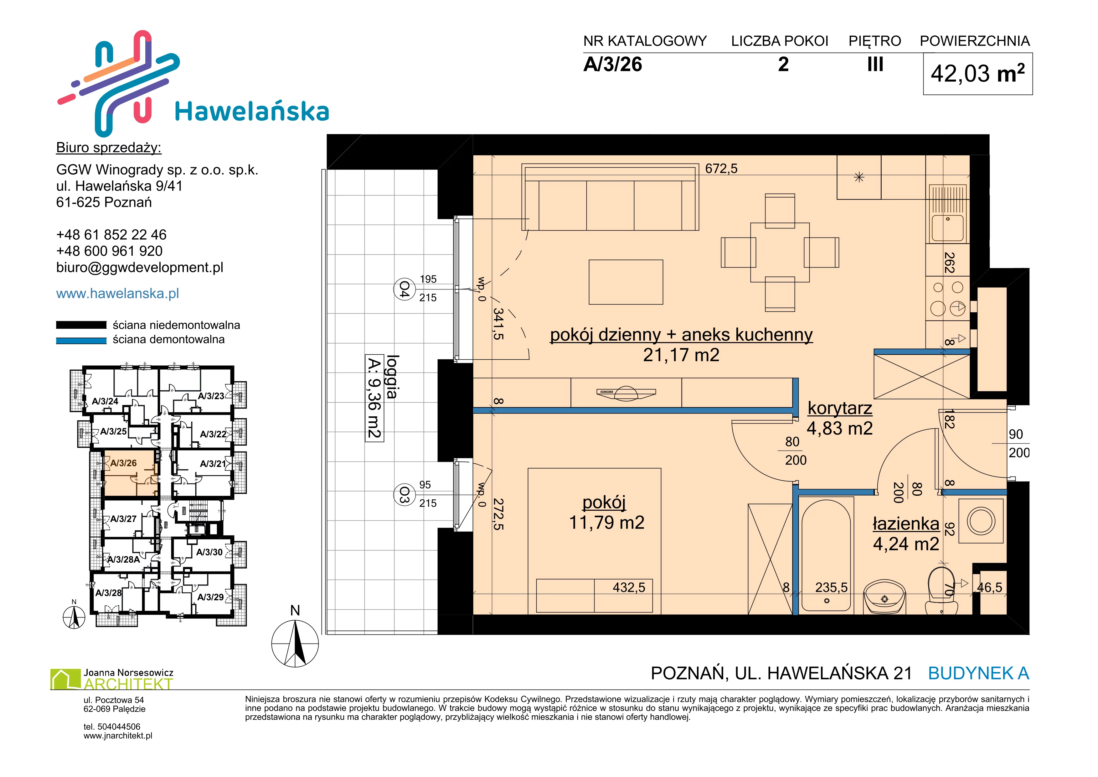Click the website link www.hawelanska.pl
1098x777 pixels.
coord(118,293)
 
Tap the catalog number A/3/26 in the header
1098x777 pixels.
coord(613,65)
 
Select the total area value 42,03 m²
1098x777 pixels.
coord(977,74)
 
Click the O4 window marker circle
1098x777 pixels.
coord(404,289)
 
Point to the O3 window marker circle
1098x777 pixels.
coord(404,495)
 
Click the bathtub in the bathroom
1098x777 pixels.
coord(826,555)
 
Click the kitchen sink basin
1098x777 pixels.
coord(947,228)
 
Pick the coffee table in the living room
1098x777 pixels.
coord(626,282)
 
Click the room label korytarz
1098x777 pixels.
coord(840,408)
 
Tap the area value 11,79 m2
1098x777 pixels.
coord(606,523)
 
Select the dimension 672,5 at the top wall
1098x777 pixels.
coord(721,169)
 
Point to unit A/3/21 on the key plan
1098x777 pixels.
coord(212,464)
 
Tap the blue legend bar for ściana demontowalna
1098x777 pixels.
coord(81,341)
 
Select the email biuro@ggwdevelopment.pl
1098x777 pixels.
coord(140,268)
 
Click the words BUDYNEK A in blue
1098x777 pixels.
coord(978,674)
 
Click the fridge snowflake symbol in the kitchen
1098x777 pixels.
coord(859,177)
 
